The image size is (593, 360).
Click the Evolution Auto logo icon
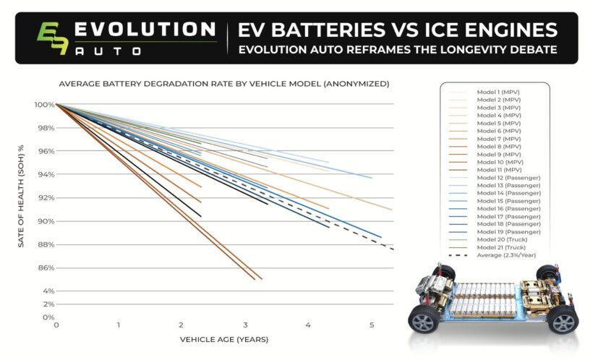(54, 38)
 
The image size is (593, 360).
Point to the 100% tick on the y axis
(43, 105)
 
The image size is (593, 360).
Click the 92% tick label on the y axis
(45, 198)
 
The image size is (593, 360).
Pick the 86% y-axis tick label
(45, 268)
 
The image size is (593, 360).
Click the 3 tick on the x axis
(245, 325)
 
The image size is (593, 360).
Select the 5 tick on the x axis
(372, 325)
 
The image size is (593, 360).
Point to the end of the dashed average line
(393, 249)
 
